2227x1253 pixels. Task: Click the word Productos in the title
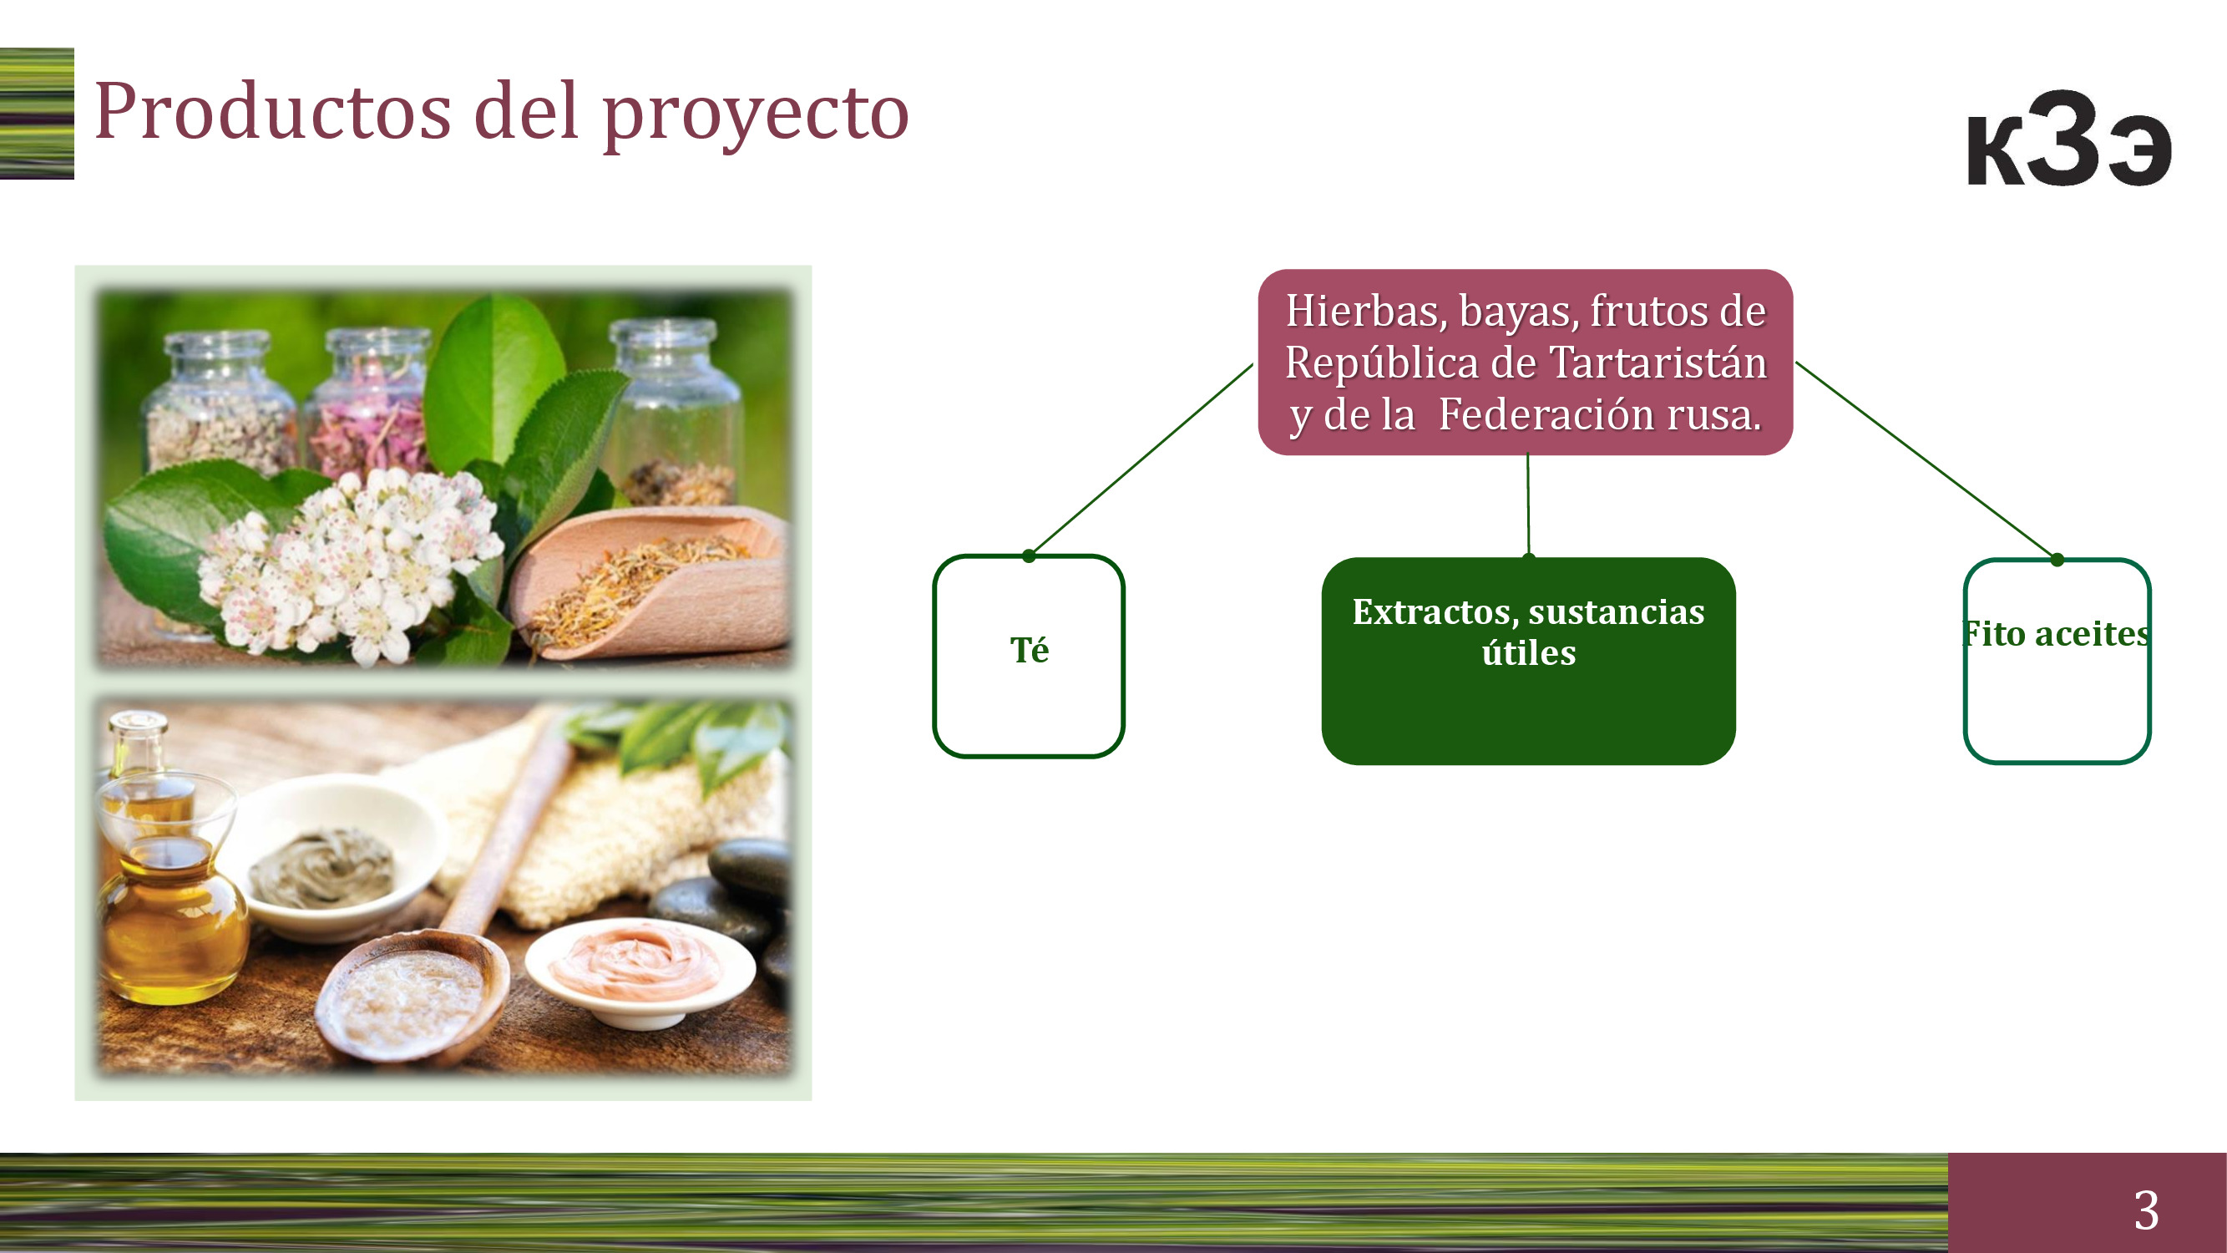(x=272, y=112)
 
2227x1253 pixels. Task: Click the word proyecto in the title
(x=756, y=117)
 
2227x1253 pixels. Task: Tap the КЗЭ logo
(x=2069, y=139)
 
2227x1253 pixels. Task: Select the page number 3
(x=2146, y=1210)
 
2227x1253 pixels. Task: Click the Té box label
(x=1029, y=649)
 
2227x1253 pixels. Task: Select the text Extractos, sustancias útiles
(x=1528, y=632)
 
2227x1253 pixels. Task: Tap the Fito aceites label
(x=2056, y=634)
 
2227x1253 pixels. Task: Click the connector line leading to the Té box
(x=1141, y=460)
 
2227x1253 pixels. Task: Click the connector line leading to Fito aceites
(x=1926, y=461)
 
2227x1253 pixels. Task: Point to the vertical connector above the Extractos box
(x=1527, y=505)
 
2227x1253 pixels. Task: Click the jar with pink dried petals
(x=371, y=403)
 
